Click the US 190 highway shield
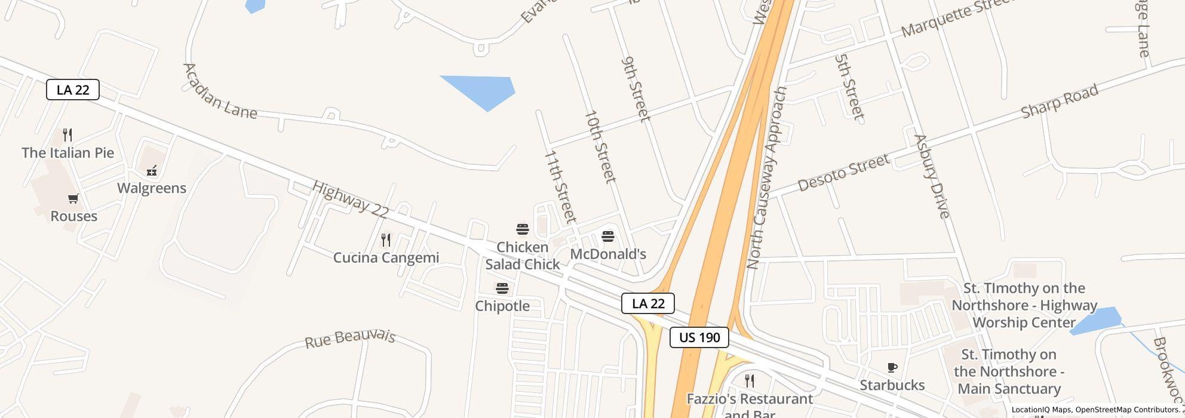699,337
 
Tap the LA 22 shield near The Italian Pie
72,90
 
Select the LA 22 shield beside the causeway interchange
648,303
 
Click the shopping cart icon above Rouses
73,199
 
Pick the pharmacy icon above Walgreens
152,171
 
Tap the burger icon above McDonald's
608,236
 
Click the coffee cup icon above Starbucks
892,368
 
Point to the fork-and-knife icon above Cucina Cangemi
386,240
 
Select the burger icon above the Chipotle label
502,289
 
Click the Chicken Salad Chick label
523,256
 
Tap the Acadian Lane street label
220,91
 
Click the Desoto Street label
843,173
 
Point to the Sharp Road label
1059,102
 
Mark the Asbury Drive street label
932,177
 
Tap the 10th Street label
600,146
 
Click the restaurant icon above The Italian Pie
67,135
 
